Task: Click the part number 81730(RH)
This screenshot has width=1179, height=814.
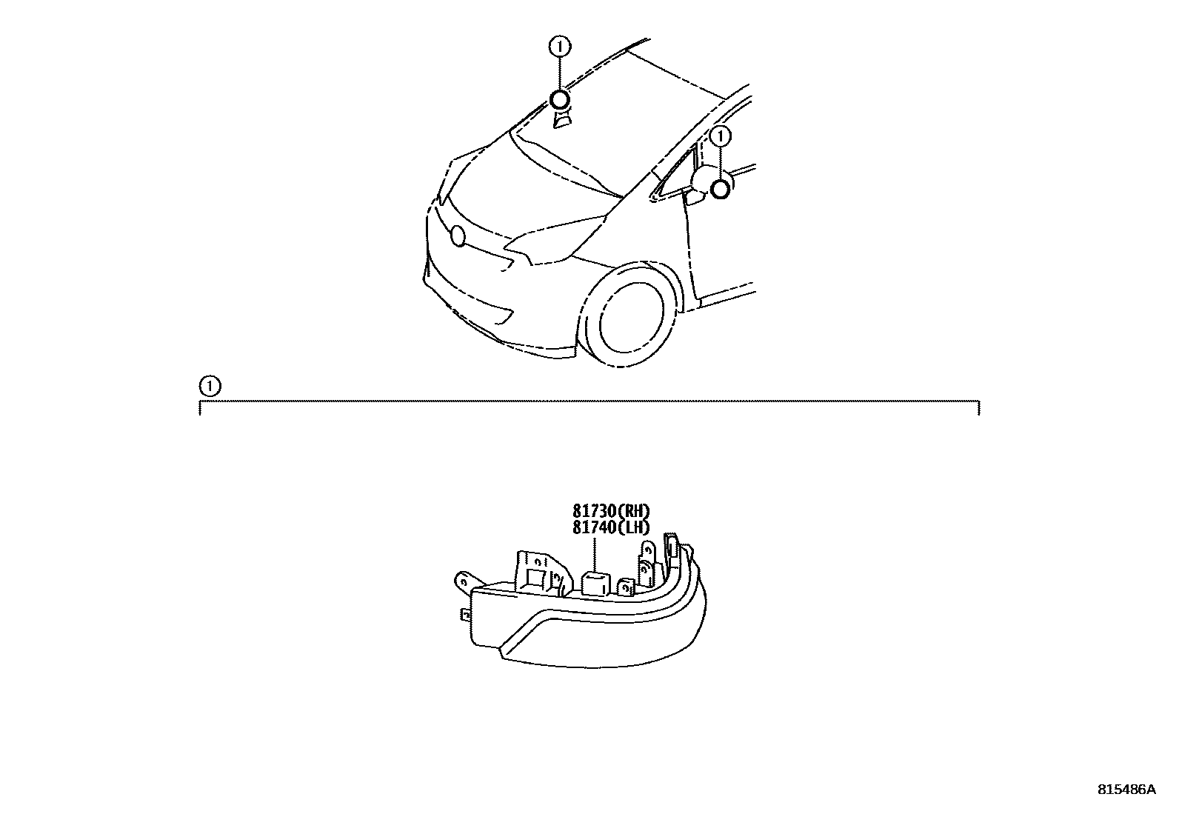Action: coord(610,510)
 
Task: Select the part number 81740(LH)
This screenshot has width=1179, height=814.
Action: coord(610,527)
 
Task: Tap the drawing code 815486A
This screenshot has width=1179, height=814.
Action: coord(1126,790)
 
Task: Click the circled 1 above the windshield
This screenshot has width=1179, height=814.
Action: coord(559,47)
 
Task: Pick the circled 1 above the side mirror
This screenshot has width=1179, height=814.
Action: coord(720,136)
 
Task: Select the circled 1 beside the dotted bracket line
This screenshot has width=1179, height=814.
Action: coord(210,386)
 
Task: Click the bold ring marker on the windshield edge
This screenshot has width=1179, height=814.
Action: coord(559,100)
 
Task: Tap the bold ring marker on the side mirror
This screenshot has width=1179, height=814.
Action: coord(720,190)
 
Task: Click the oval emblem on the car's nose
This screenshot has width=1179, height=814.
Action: coord(458,236)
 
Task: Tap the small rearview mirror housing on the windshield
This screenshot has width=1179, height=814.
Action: coord(563,119)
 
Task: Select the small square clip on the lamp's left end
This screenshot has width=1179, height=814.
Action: coord(464,614)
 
